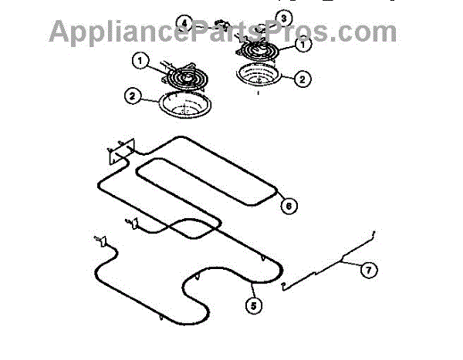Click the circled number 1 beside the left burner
(140, 59)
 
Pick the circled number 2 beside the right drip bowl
(302, 78)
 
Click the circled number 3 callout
(285, 17)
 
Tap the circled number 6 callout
(287, 206)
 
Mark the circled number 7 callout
(368, 270)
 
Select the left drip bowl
(183, 106)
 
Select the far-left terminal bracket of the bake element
(98, 241)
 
